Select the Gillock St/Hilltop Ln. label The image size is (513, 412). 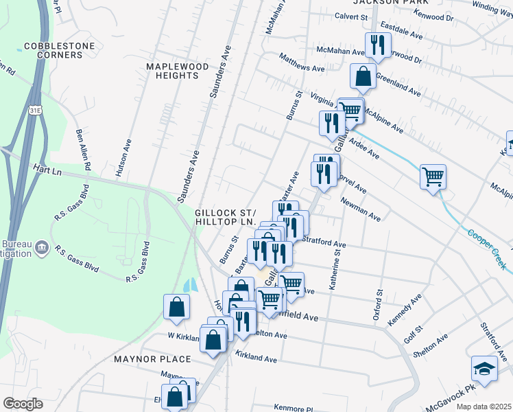[225, 217]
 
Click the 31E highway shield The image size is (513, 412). [36, 110]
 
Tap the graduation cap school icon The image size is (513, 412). [484, 369]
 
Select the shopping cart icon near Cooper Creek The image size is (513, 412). [433, 177]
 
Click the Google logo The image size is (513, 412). [23, 404]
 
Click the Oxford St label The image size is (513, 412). [378, 304]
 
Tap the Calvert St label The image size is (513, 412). [351, 15]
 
